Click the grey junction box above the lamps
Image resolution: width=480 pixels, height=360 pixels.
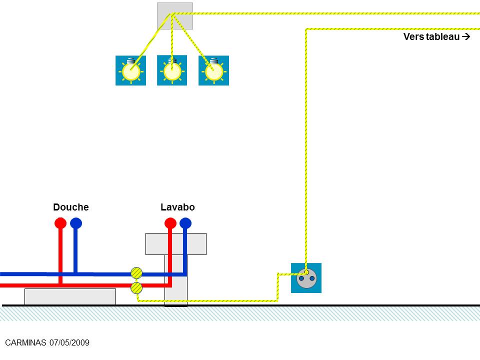(x=174, y=16)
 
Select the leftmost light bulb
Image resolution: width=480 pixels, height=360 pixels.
(x=131, y=71)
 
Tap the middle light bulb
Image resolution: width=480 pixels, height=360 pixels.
(x=172, y=71)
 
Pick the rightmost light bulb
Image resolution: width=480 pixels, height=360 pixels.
(x=213, y=71)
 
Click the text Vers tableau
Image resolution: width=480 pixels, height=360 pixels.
(x=431, y=36)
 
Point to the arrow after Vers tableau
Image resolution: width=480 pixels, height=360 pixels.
(x=466, y=36)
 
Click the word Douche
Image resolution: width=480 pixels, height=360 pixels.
(x=70, y=207)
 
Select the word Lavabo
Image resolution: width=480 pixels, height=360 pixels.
(x=177, y=207)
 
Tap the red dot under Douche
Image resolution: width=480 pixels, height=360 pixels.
(x=60, y=222)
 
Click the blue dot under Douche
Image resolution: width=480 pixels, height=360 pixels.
(x=76, y=222)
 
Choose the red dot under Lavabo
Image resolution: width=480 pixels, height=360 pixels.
(x=170, y=222)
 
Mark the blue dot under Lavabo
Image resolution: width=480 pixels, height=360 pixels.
(x=185, y=222)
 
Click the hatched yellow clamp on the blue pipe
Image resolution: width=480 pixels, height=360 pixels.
(x=136, y=273)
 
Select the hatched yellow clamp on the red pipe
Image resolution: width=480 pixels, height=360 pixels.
(x=136, y=287)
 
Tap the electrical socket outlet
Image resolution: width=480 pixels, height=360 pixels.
(x=306, y=278)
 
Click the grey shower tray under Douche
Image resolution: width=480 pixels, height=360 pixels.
(x=70, y=296)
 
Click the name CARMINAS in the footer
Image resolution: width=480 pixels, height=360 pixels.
(x=25, y=342)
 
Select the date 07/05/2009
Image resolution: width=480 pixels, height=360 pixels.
(x=69, y=342)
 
